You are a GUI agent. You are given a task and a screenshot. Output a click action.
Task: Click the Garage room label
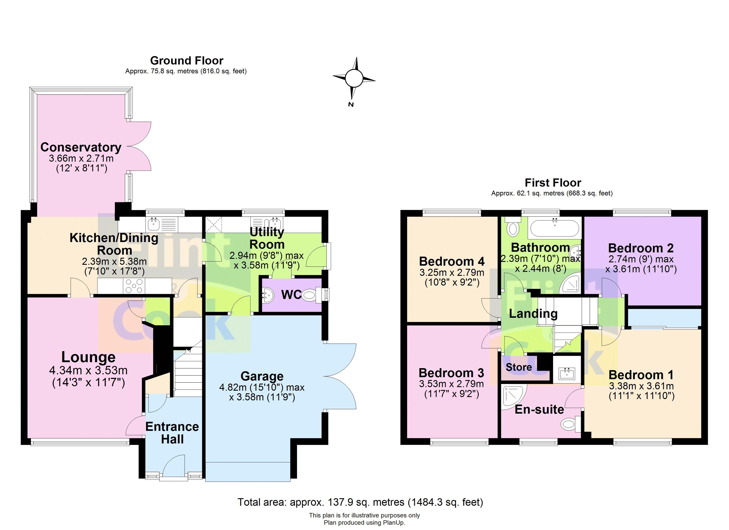pyautogui.click(x=262, y=376)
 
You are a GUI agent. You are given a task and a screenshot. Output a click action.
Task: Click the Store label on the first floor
pyautogui.click(x=519, y=367)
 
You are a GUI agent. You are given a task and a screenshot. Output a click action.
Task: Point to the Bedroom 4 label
pyautogui.click(x=452, y=261)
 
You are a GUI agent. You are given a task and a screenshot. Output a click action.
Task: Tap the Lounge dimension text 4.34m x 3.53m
pyautogui.click(x=88, y=371)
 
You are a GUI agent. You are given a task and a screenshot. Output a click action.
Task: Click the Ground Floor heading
pyautogui.click(x=186, y=61)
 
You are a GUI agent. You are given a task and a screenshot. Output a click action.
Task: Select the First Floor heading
pyautogui.click(x=553, y=183)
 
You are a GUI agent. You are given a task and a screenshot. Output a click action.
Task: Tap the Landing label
pyautogui.click(x=533, y=313)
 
